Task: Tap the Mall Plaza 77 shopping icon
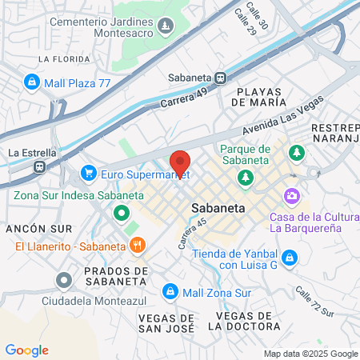32,81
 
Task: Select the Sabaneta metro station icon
219,78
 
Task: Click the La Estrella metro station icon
38,167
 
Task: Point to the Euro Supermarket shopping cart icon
89,173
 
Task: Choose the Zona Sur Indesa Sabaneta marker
121,213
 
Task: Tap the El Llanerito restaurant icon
138,245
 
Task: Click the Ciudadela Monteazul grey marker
64,280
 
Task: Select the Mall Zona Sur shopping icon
169,290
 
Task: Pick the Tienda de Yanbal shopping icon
290,257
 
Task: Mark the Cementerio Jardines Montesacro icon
165,26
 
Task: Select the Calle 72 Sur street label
314,302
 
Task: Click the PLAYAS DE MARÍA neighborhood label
258,96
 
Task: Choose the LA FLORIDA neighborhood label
62,59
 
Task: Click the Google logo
26,350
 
